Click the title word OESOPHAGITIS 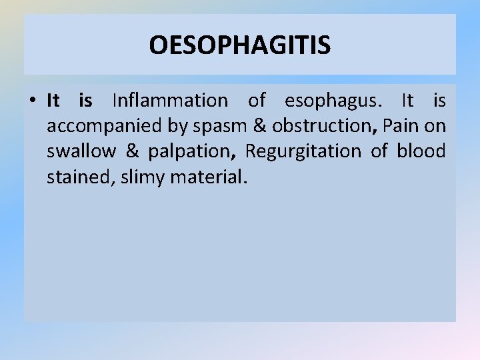pos(239,45)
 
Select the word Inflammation pos(170,101)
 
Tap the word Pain pos(400,126)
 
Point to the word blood pos(421,151)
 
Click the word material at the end pos(209,177)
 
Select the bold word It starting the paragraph pos(53,101)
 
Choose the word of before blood pos(379,151)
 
